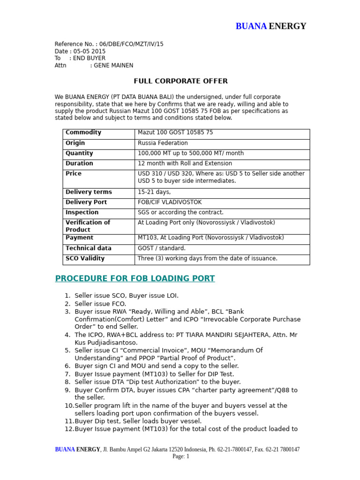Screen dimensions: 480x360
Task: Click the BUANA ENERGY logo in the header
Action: click(x=270, y=26)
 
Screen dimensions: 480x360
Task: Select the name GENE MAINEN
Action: click(x=113, y=66)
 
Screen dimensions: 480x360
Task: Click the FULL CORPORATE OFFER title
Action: click(x=180, y=81)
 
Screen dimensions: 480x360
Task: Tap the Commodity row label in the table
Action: click(x=83, y=133)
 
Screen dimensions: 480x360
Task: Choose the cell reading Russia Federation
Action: click(x=163, y=143)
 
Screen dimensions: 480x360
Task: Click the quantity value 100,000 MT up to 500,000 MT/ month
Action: click(x=190, y=153)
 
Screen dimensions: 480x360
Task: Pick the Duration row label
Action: click(x=79, y=164)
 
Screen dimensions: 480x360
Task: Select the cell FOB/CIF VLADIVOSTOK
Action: click(x=170, y=202)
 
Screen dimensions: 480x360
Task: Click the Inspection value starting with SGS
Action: click(x=180, y=212)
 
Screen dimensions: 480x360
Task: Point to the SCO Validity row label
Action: click(x=85, y=258)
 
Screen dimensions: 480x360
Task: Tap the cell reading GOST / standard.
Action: click(x=162, y=248)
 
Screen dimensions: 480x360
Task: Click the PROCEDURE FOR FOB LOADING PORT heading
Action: click(x=135, y=279)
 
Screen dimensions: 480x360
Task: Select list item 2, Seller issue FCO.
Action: click(x=100, y=304)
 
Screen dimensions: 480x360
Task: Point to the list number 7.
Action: click(x=67, y=374)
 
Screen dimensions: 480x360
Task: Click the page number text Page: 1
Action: click(x=180, y=456)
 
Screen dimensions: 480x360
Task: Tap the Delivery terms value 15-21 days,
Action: click(x=154, y=192)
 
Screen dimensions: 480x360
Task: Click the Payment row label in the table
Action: click(x=79, y=238)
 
